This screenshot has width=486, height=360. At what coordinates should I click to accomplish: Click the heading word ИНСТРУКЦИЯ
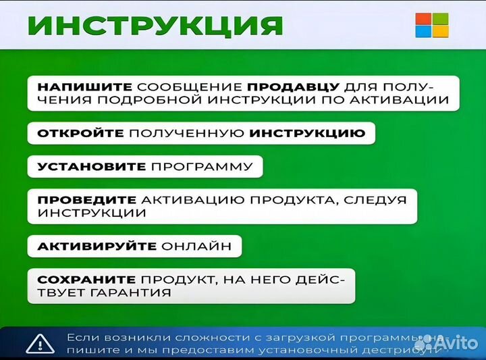click(156, 26)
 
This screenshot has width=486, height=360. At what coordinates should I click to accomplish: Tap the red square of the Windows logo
click(423, 18)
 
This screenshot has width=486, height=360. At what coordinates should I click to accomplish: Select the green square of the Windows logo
click(439, 18)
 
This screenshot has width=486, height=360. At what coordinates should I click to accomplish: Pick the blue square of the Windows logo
click(423, 32)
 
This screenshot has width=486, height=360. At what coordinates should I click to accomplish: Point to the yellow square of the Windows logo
click(439, 32)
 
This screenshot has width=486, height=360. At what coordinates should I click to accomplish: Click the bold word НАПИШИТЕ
click(85, 87)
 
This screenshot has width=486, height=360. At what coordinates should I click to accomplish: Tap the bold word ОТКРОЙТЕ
click(80, 133)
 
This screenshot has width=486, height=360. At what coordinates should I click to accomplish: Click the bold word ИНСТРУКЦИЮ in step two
click(306, 133)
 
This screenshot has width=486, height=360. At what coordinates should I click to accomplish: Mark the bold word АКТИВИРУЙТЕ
click(97, 247)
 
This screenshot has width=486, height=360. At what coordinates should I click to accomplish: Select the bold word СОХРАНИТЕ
click(86, 280)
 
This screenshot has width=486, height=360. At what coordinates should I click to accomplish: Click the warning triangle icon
click(40, 344)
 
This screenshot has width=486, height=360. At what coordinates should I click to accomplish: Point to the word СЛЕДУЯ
click(379, 200)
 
